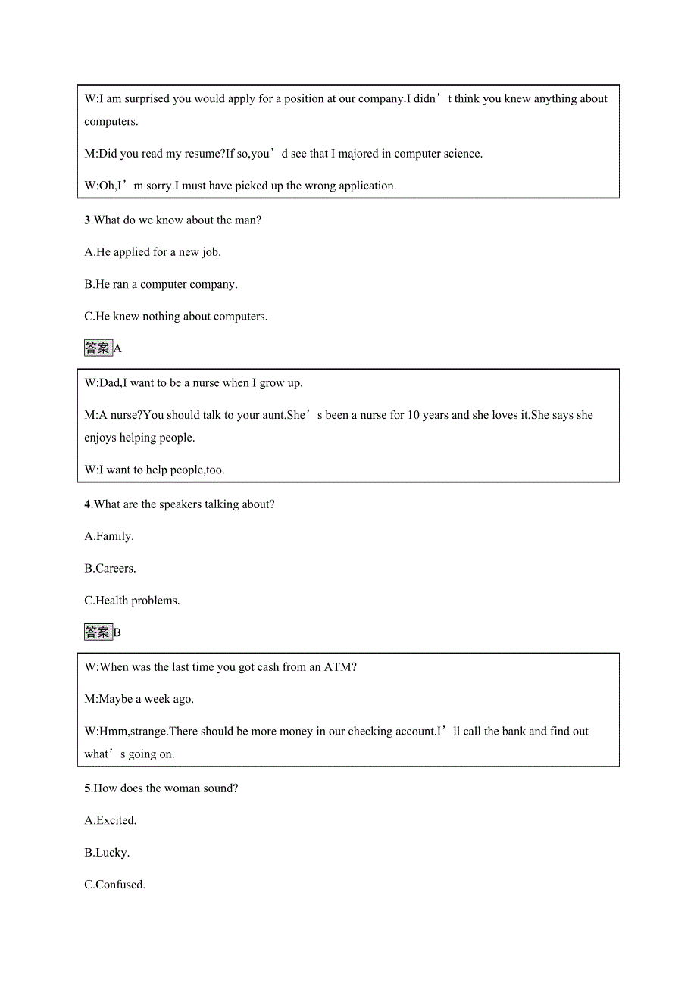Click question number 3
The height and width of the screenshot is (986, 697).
point(87,220)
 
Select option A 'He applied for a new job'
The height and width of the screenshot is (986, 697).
point(152,252)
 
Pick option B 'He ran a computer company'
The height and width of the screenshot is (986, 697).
point(161,285)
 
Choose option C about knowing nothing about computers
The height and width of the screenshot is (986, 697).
point(176,317)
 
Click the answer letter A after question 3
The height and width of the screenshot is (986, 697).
point(117,348)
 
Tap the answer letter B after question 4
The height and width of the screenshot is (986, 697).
point(117,632)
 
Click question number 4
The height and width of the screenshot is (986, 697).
point(87,504)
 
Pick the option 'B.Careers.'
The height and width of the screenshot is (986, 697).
point(110,569)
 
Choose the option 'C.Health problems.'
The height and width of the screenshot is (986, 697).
point(132,601)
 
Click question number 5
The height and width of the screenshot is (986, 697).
point(87,788)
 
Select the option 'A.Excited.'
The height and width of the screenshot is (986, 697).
point(111,820)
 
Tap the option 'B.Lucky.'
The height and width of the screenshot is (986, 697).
point(107,853)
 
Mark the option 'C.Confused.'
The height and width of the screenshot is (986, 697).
point(114,885)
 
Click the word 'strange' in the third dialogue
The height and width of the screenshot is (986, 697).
point(144,732)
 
